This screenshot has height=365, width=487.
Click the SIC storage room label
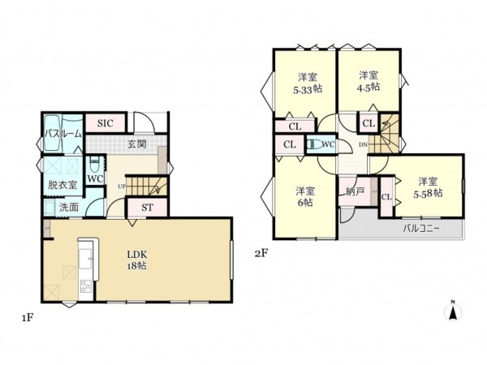106,123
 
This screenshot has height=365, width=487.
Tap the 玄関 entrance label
137,144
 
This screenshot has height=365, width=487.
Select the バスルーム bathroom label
63,134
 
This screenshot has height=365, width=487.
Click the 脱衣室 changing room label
62,185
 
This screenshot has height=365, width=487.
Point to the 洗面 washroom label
69,207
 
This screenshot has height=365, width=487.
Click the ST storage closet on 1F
147,208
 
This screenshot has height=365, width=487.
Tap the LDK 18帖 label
137,260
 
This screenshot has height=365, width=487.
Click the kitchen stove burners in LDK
85,286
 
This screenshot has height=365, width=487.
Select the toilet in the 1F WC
94,163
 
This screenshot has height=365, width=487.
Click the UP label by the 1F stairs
122,187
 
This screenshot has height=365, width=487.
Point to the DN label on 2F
363,144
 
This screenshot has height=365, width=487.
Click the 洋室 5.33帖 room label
308,83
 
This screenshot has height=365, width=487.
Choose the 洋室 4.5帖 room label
368,80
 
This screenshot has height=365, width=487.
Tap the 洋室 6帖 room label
305,196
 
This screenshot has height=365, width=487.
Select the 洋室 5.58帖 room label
428,187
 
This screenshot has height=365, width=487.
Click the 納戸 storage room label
355,191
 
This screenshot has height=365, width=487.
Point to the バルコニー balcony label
421,230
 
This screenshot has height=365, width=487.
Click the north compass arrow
453,311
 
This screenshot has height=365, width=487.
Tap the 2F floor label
261,254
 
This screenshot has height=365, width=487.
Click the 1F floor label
28,318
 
